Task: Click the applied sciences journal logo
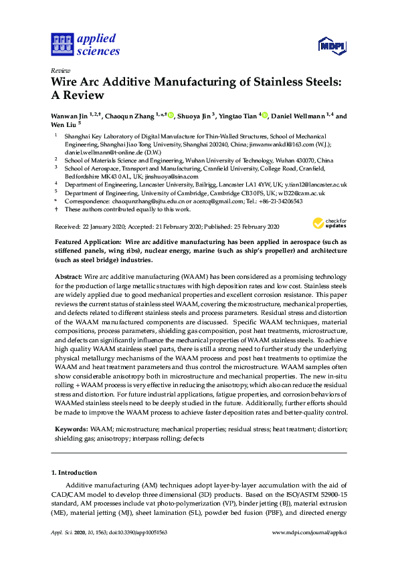pos(86,44)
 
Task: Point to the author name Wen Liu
pos(64,124)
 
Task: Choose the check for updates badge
pos(329,224)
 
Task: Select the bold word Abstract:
pos(68,275)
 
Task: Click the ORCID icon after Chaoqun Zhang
pos(171,116)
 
